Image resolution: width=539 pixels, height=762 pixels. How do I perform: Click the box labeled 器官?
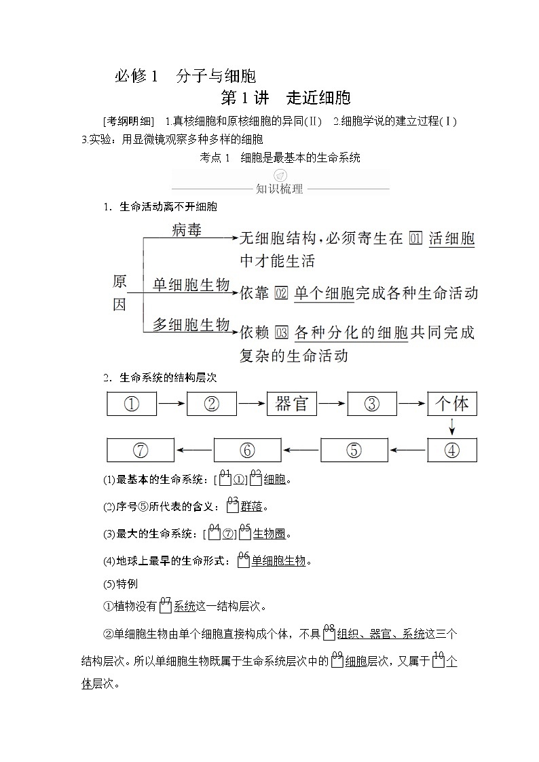tap(292, 404)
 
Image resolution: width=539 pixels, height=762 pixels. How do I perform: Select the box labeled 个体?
tap(452, 404)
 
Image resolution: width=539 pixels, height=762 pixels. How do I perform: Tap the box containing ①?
tap(132, 404)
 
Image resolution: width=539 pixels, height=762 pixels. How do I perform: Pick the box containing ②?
tap(212, 404)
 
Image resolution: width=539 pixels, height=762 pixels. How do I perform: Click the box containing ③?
tap(372, 404)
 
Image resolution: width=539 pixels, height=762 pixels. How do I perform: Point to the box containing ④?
tap(452, 450)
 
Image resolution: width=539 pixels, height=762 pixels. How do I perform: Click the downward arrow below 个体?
tap(452, 427)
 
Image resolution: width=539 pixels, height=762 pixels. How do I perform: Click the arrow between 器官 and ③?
tap(332, 404)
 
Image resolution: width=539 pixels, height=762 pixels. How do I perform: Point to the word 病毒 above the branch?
tap(187, 230)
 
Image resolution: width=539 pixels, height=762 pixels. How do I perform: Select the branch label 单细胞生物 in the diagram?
tap(191, 285)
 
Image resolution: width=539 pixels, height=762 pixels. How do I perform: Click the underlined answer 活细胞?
tap(452, 238)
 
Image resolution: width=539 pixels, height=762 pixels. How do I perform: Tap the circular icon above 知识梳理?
tap(280, 176)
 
